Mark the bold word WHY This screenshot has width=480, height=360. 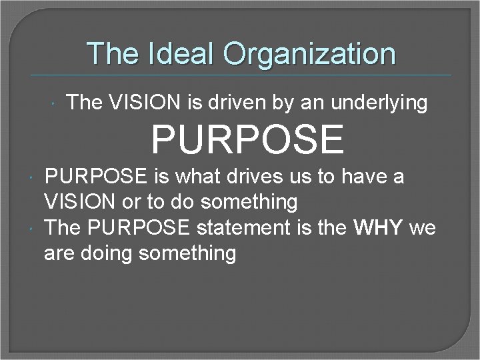click(379, 228)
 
